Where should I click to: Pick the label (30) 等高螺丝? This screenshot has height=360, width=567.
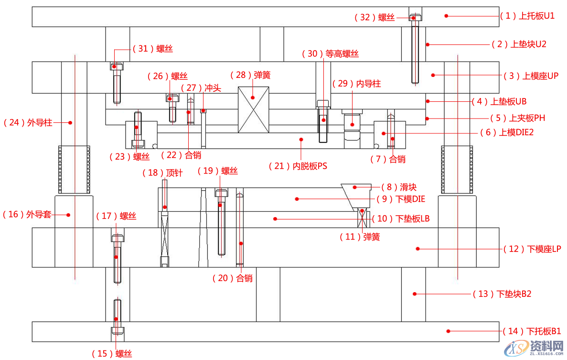(330, 54)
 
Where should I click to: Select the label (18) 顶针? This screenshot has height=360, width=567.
(163, 173)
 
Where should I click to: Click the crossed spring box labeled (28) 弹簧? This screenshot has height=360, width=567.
(254, 109)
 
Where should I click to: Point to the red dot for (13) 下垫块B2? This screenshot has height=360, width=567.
(415, 294)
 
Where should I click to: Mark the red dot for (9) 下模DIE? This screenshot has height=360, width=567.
(297, 198)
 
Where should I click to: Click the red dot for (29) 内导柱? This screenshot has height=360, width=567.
(353, 124)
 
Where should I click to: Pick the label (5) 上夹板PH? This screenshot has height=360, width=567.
(517, 118)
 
